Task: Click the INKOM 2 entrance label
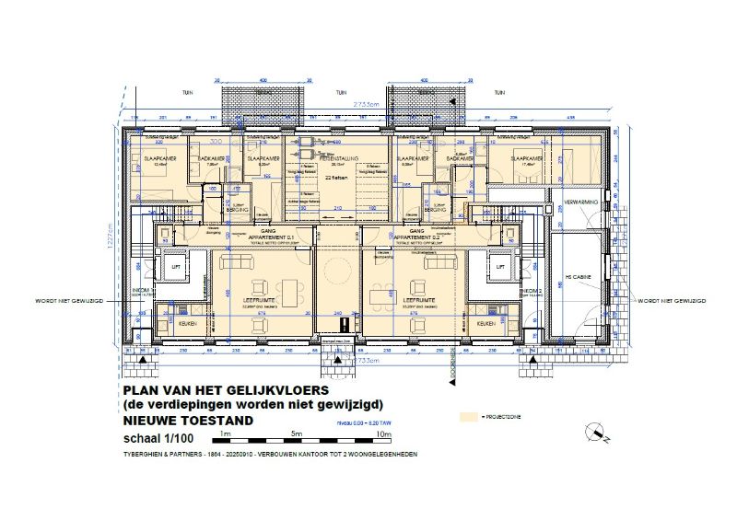[530, 291]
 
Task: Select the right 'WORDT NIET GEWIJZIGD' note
[670, 301]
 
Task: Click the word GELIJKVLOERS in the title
[264, 391]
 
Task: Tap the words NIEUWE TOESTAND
[187, 421]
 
